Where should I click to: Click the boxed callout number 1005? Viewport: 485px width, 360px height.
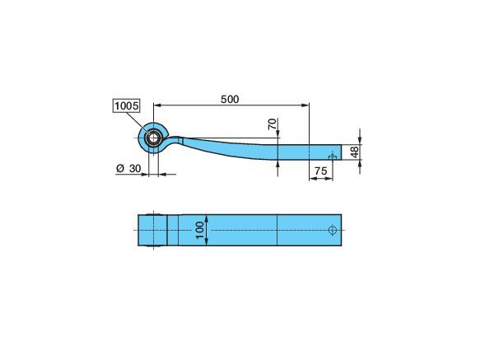(127, 106)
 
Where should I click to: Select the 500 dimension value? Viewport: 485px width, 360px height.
(230, 99)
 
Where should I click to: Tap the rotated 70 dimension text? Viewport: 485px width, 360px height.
(273, 124)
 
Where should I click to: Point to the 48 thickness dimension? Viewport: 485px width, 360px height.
(354, 152)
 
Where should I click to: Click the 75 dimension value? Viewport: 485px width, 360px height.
(320, 171)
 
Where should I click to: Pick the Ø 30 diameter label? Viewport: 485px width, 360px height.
(128, 169)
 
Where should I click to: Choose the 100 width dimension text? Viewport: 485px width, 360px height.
(200, 230)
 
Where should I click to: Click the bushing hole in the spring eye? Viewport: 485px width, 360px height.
(153, 138)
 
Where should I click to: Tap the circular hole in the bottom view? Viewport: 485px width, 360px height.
(333, 230)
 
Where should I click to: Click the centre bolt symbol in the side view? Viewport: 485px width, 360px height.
(333, 157)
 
